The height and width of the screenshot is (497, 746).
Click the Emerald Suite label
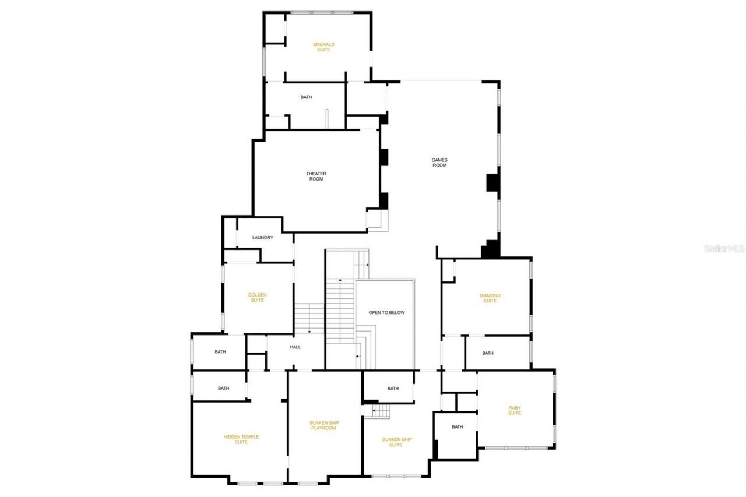(323, 47)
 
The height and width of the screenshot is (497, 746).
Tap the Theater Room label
(316, 176)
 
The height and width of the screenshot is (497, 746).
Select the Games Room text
(439, 163)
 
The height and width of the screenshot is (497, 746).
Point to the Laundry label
(262, 238)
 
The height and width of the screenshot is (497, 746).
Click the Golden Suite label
(257, 298)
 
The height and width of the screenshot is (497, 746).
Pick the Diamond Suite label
(490, 298)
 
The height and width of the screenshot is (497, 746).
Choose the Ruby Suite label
(514, 410)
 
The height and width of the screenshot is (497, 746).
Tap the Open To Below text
(386, 313)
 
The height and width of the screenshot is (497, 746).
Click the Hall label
(295, 347)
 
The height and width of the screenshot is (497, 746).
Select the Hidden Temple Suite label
(241, 439)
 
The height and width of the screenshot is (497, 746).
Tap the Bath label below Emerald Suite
(306, 97)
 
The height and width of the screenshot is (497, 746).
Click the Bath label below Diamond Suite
(487, 353)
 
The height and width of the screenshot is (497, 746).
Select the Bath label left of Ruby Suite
(457, 427)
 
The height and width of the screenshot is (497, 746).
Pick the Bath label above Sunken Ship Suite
(393, 389)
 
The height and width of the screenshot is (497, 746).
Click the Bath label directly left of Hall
(220, 352)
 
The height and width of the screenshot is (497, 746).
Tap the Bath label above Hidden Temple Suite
(223, 389)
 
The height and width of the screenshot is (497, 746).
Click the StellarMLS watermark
(724, 248)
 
